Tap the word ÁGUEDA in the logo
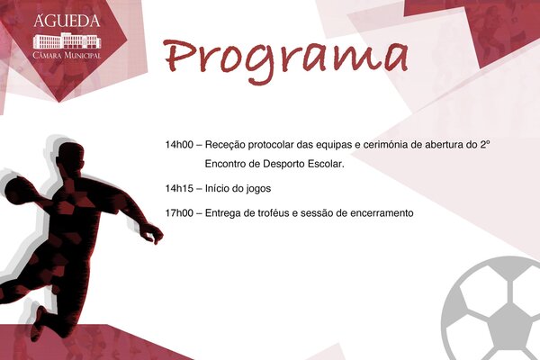(67, 20)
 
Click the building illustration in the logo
(67, 40)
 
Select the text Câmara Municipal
(67, 56)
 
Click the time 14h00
(179, 144)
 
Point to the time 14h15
(179, 189)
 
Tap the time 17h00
(179, 213)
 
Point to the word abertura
(476, 144)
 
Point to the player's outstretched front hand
(152, 234)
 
